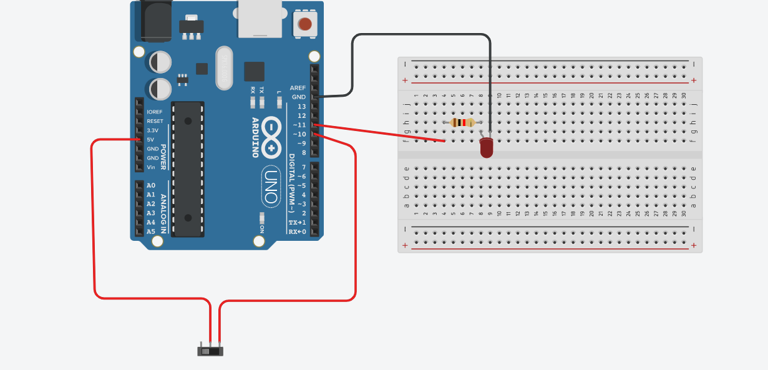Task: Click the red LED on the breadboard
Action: click(x=487, y=148)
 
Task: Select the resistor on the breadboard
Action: click(x=462, y=122)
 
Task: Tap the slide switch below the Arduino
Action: click(x=210, y=351)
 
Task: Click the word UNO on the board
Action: click(x=271, y=187)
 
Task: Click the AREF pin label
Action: click(x=298, y=88)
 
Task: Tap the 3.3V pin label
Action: click(x=152, y=130)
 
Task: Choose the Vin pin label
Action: click(x=151, y=167)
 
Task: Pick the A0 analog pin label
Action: click(x=151, y=185)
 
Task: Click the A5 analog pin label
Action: click(x=151, y=231)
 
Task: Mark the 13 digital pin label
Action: click(x=301, y=107)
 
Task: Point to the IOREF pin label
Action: click(x=154, y=112)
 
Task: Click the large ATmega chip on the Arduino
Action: click(x=188, y=168)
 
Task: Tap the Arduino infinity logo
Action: click(x=272, y=137)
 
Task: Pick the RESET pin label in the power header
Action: click(x=155, y=121)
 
